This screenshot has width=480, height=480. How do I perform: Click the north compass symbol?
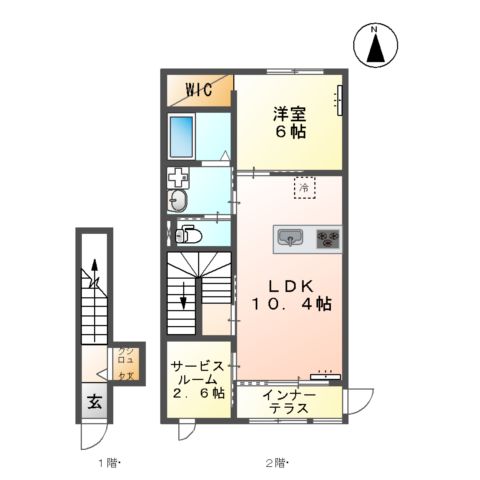click(x=376, y=45)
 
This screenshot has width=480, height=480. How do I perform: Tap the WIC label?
click(x=197, y=88)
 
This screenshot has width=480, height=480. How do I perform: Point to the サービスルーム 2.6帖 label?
click(x=198, y=380)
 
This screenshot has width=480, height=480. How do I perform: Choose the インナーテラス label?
click(x=291, y=403)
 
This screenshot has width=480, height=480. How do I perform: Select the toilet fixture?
click(x=187, y=236)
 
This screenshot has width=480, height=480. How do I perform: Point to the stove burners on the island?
click(x=327, y=238)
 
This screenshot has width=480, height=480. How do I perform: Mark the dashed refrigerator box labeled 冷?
click(x=303, y=187)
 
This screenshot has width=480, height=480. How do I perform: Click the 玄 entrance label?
click(x=93, y=403)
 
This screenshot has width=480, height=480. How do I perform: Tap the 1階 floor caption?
click(x=109, y=462)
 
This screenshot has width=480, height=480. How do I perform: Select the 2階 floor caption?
click(x=277, y=462)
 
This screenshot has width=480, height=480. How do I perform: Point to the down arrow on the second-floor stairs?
click(x=183, y=296)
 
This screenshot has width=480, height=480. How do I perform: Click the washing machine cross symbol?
click(x=177, y=180)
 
